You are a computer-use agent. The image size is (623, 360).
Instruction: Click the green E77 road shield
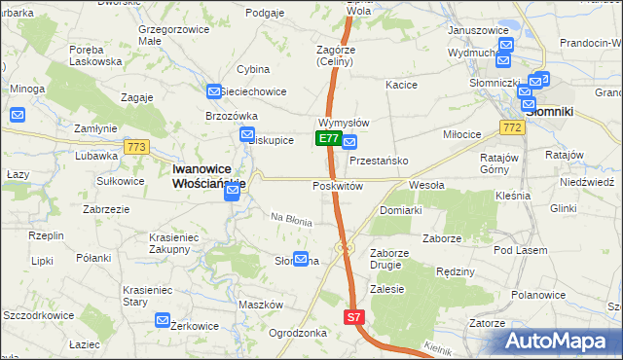pyautogui.click(x=328, y=139)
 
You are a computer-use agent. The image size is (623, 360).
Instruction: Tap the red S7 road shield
pyautogui.click(x=354, y=317)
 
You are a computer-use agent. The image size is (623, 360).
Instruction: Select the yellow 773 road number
pyautogui.click(x=136, y=147)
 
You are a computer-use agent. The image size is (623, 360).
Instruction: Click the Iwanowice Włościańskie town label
pyautogui.click(x=208, y=174)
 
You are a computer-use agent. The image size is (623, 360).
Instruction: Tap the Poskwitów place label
pyautogui.click(x=338, y=185)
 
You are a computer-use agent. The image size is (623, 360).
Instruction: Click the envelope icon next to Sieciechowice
pyautogui.click(x=215, y=91)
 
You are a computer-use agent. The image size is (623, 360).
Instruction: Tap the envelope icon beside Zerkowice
pyautogui.click(x=163, y=319)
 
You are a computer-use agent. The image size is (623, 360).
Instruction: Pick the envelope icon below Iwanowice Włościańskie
pyautogui.click(x=232, y=192)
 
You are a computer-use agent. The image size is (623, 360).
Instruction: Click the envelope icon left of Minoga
pyautogui.click(x=17, y=115)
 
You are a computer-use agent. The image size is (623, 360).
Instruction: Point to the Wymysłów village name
pyautogui.click(x=343, y=124)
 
